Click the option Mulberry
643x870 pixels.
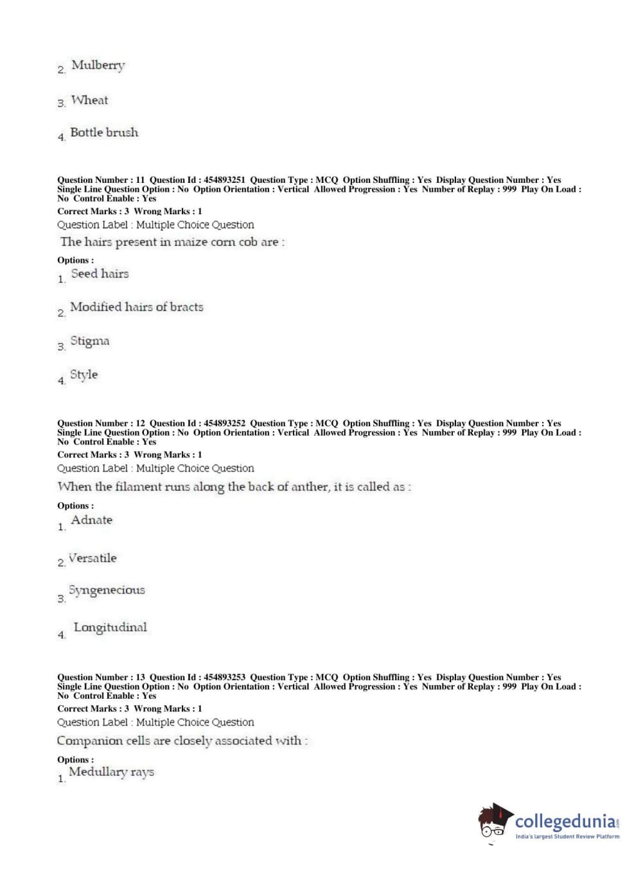tap(98, 65)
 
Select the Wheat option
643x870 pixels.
tap(89, 100)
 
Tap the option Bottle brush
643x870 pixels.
tap(104, 133)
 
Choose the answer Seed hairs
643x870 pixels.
tap(100, 274)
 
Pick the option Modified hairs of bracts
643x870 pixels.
tap(136, 307)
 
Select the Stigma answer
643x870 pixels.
tap(89, 341)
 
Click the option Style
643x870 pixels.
tap(84, 375)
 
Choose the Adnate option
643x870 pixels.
tap(91, 520)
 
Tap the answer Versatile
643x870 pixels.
tap(92, 558)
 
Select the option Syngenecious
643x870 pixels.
tap(107, 590)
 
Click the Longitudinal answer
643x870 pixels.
tap(110, 627)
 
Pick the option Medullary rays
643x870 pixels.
tap(111, 772)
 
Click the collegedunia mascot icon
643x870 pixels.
tap(495, 821)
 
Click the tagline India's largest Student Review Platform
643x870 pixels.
tap(567, 837)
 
